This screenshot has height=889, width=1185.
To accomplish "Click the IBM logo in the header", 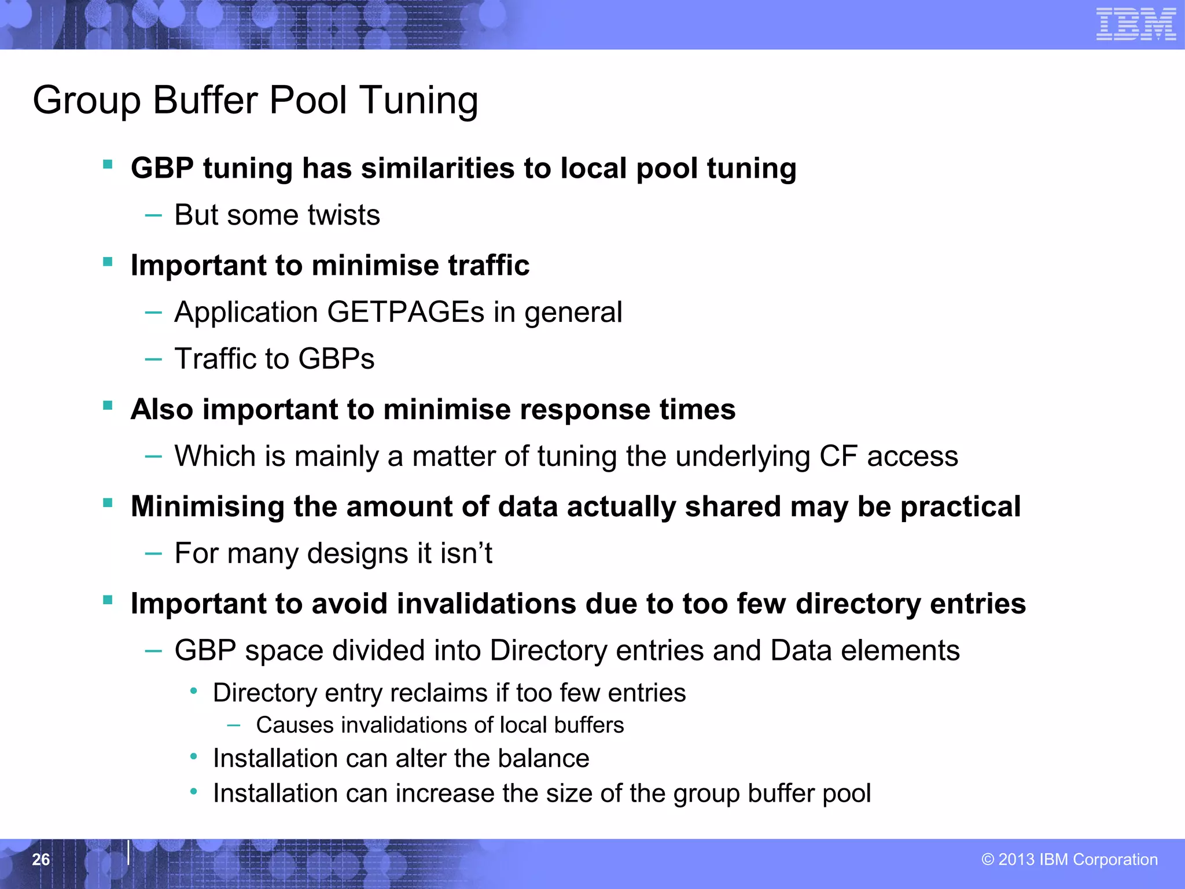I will click(1136, 24).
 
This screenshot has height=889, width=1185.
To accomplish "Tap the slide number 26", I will click(41, 859).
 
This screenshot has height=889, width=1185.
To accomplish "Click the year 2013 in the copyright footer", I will click(1016, 859).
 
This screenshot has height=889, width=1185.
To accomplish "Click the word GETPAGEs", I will click(406, 312).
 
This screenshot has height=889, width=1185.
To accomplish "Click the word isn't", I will click(466, 553).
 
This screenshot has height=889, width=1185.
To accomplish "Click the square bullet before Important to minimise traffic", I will click(108, 262).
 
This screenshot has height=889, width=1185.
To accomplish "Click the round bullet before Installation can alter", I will click(194, 756).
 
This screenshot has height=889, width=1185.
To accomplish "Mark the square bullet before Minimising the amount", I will click(108, 502).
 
